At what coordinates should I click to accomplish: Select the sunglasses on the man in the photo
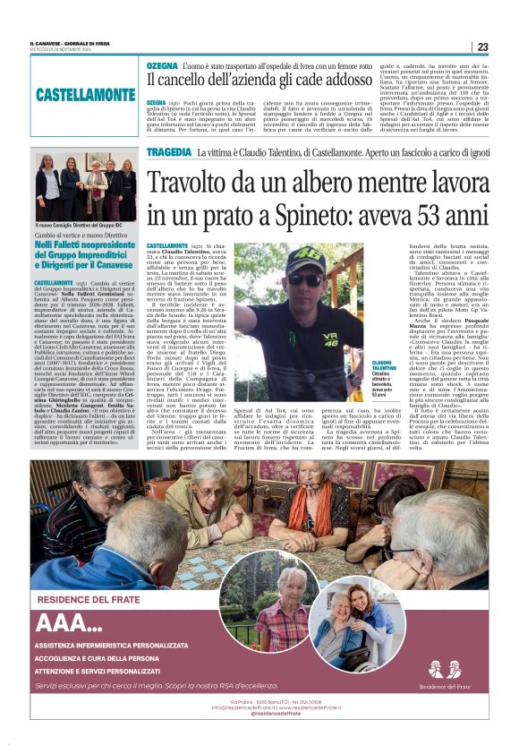point(302,277)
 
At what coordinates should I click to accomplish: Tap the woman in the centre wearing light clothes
point(94,191)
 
